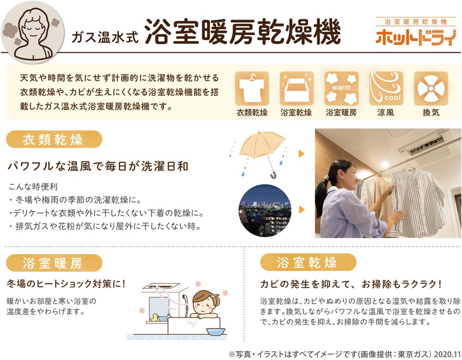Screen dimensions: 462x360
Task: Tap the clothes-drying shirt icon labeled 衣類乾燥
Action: point(252,88)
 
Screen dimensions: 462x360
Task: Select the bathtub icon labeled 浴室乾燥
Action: point(297,88)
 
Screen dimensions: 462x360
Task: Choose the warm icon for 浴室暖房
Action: point(341,88)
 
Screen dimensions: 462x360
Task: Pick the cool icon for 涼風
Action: point(386,88)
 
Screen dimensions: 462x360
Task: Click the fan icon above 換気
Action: point(431,88)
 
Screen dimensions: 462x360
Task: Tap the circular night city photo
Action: point(265,211)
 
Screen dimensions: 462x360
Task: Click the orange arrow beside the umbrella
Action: point(301,153)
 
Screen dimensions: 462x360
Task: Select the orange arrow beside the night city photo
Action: point(301,210)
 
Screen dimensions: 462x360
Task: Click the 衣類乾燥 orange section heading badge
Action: point(54,140)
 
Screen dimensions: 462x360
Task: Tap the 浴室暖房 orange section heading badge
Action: point(54,262)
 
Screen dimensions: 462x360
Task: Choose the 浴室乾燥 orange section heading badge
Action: point(308,262)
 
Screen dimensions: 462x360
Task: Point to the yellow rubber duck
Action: point(154,317)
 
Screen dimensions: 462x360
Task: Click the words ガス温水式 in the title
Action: point(104,37)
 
